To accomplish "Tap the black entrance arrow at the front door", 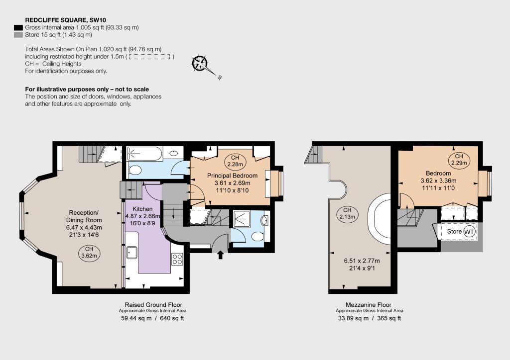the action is [221, 255].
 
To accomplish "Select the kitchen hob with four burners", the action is [177, 259].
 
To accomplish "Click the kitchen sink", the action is [131, 253].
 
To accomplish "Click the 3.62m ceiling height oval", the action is [89, 252].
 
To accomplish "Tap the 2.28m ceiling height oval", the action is [235, 161].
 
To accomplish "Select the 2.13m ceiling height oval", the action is [347, 213].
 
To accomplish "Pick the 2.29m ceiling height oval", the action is [459, 160].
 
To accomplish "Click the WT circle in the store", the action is [469, 232].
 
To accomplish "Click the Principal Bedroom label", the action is [232, 176].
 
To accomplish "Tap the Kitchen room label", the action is [142, 209].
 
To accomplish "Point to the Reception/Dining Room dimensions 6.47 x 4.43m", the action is [84, 227].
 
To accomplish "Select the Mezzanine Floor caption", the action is [369, 305].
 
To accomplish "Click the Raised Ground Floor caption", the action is [153, 305].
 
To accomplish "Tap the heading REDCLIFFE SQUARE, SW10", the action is [65, 20].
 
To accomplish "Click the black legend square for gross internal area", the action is [18, 27].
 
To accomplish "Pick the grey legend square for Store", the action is [18, 35].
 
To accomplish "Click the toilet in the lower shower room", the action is [257, 236].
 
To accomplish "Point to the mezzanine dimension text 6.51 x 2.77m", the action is [362, 261].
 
